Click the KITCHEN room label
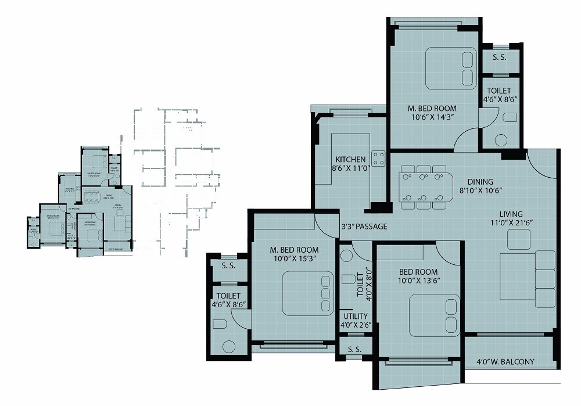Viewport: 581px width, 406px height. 350,159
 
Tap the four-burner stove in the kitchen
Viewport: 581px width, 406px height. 378,159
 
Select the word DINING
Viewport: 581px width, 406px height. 479,181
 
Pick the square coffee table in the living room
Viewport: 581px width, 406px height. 518,239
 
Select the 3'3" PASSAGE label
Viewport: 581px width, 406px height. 364,226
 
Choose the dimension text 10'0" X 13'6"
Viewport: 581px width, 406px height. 418,282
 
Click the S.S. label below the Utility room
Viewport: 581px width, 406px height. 354,350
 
